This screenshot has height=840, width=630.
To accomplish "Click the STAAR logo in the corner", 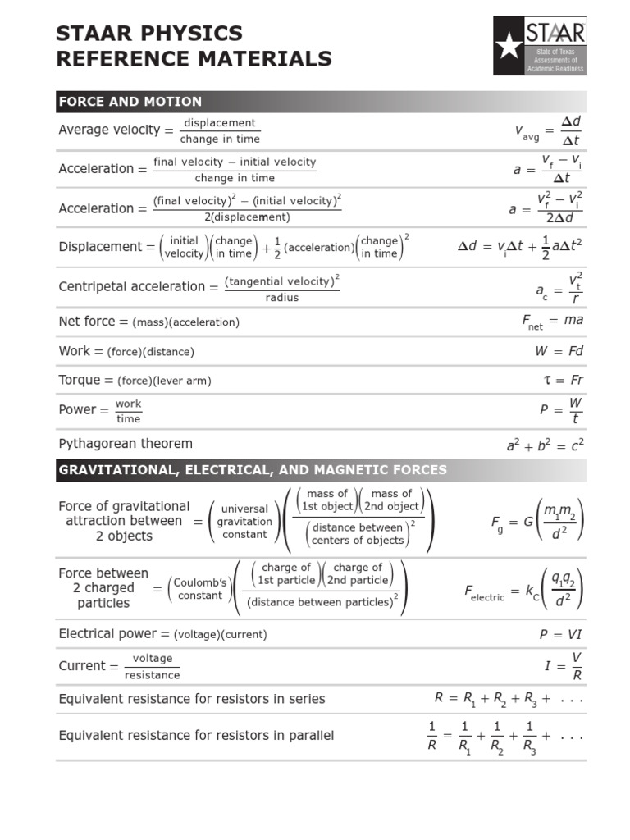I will (x=540, y=46).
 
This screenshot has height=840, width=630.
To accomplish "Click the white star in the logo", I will (x=509, y=47).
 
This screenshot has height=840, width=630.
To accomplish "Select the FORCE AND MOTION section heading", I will (x=130, y=102).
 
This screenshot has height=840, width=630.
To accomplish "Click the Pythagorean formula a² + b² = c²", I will (x=545, y=445).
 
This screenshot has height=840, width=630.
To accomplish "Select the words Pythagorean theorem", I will (x=126, y=444).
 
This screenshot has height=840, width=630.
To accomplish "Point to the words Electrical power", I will (x=107, y=633).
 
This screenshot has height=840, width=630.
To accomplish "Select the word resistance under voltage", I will (x=152, y=675).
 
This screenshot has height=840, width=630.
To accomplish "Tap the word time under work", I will (x=129, y=419).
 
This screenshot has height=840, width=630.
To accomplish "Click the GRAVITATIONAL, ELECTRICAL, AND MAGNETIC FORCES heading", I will (x=253, y=470).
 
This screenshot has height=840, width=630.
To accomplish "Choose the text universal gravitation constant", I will (x=244, y=522).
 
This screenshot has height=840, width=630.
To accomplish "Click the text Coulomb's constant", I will (x=199, y=589).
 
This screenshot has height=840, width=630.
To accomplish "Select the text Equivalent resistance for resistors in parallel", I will (x=196, y=736).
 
